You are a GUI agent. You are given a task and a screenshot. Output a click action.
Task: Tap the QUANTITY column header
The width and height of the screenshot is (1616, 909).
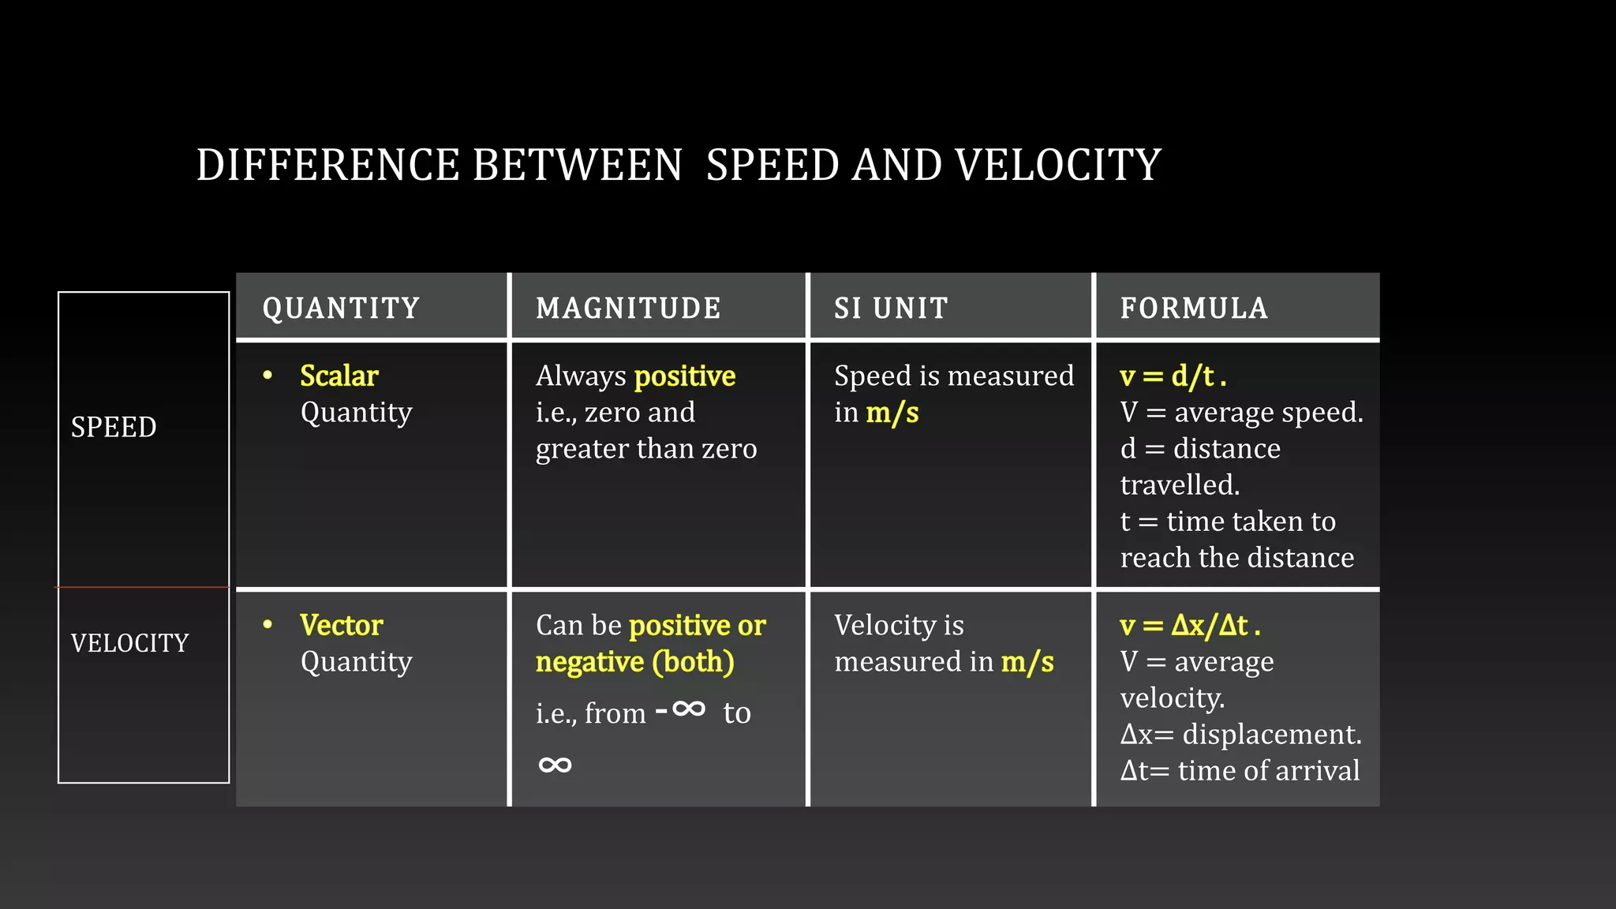[341, 308]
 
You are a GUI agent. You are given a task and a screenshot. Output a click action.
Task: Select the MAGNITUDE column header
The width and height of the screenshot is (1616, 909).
[628, 308]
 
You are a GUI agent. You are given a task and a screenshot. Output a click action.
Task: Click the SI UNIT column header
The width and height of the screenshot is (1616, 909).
[891, 308]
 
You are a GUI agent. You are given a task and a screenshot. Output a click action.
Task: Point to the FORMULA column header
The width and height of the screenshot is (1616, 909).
[1194, 308]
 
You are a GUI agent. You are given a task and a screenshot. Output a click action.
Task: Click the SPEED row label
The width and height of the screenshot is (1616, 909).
[114, 427]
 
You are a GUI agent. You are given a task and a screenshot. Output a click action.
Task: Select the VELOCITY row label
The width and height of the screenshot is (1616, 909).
[129, 643]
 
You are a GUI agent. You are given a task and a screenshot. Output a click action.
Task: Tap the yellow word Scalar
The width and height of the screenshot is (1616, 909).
[339, 376]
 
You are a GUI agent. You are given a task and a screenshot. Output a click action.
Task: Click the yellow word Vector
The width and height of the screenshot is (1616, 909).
[341, 625]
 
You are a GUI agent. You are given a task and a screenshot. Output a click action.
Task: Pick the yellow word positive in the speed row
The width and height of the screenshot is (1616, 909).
[684, 376]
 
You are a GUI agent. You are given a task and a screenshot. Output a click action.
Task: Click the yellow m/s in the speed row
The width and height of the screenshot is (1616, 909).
[892, 413]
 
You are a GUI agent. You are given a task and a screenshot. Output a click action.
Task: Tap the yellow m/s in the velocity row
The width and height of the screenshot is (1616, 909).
[1027, 662]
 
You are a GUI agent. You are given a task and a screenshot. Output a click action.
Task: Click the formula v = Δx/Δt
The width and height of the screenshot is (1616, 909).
[1189, 625]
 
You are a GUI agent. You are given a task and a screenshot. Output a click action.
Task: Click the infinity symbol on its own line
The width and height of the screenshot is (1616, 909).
[555, 765]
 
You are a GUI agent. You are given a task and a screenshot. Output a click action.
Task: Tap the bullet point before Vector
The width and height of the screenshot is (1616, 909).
[267, 624]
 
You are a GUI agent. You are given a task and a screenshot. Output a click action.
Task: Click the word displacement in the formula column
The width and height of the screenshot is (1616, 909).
[1271, 734]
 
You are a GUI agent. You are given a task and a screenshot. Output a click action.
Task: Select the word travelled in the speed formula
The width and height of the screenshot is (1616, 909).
[1179, 484]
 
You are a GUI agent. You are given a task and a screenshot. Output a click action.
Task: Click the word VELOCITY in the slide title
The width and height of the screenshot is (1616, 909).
[1057, 165]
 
